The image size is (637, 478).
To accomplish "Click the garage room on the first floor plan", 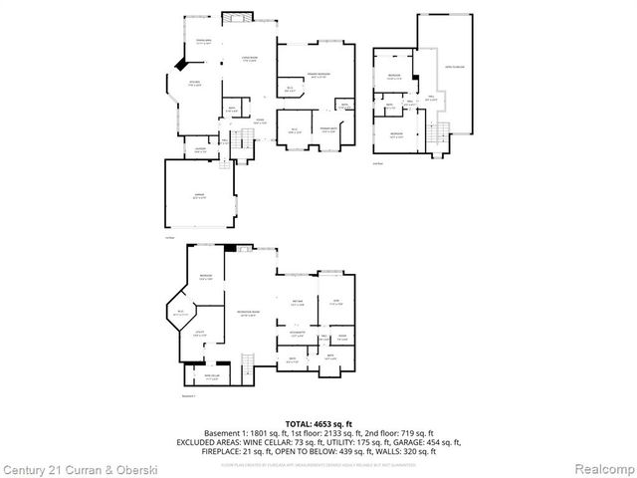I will [199, 198].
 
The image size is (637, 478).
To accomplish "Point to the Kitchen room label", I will [195, 83].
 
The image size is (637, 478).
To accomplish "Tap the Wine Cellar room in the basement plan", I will [211, 377].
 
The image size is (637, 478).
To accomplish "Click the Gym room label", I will [335, 304].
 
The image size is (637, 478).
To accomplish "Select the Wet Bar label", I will [298, 304].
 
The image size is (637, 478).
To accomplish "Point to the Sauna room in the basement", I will [341, 337].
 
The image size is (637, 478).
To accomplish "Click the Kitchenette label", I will [298, 336].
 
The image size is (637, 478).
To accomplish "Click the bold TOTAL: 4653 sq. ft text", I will [318, 423].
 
